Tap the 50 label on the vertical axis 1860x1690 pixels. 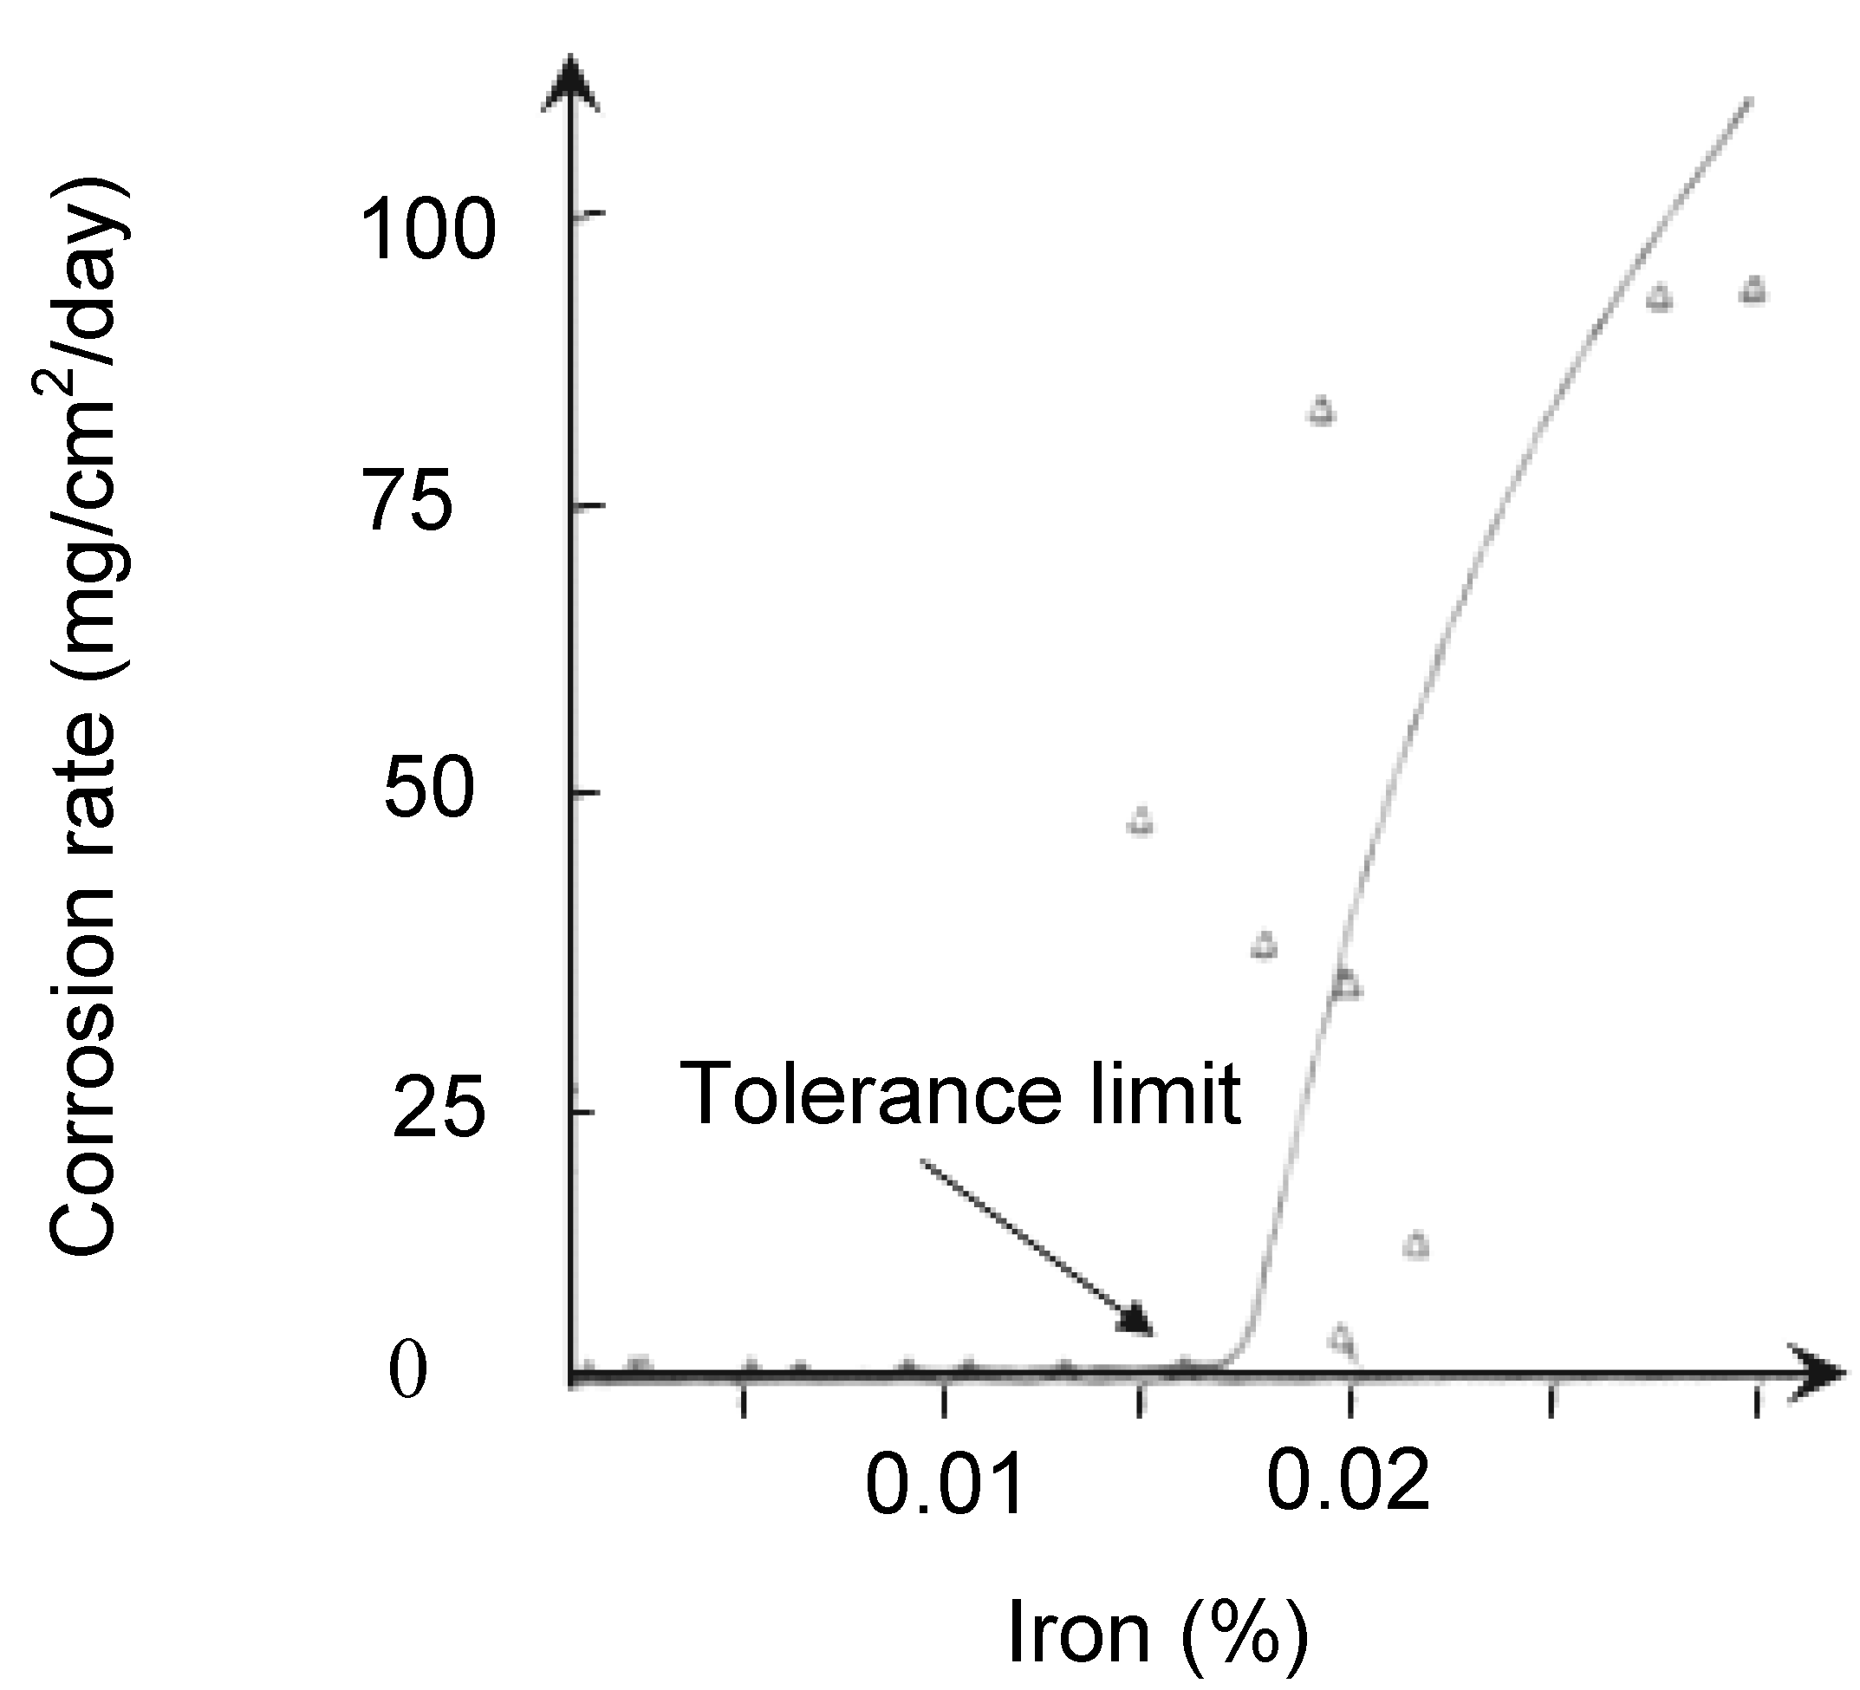click(x=429, y=791)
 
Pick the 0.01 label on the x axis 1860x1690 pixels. click(x=945, y=1484)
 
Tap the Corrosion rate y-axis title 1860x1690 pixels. click(x=85, y=719)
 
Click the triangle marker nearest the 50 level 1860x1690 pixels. click(x=1141, y=820)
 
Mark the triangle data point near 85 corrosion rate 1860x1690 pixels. click(x=1321, y=410)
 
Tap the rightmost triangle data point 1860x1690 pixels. click(x=1753, y=290)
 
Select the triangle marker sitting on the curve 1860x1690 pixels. click(x=1347, y=985)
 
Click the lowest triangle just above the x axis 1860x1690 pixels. click(x=1343, y=1336)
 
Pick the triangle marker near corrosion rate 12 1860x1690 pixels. click(x=1416, y=1245)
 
